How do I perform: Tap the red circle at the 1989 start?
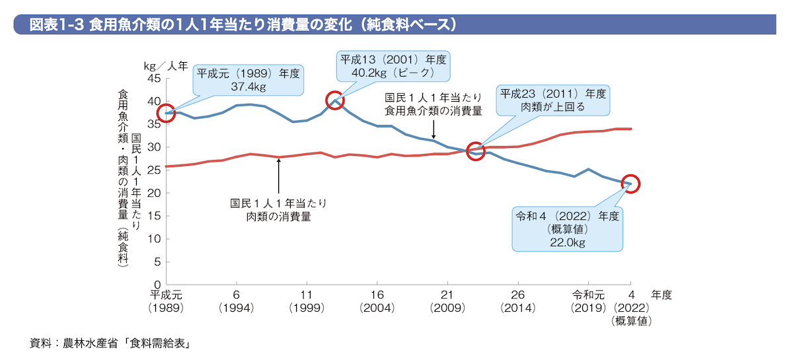pyautogui.click(x=166, y=113)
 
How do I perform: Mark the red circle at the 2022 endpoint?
pyautogui.click(x=630, y=184)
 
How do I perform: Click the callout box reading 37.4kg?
pyautogui.click(x=248, y=80)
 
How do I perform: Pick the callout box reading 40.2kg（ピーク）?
pyautogui.click(x=393, y=65)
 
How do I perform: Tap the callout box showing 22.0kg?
pyautogui.click(x=567, y=229)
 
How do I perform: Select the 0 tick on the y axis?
pyautogui.click(x=157, y=285)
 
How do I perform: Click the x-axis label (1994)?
pyautogui.click(x=236, y=308)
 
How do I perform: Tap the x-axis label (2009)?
pyautogui.click(x=447, y=308)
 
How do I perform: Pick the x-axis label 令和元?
pyautogui.click(x=588, y=295)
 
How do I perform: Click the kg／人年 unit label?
pyautogui.click(x=166, y=65)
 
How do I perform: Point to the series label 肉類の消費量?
pyautogui.click(x=278, y=215)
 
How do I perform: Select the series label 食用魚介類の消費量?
pyautogui.click(x=434, y=110)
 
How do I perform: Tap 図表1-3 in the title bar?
pyautogui.click(x=57, y=25)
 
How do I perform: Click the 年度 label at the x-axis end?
pyautogui.click(x=661, y=295)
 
